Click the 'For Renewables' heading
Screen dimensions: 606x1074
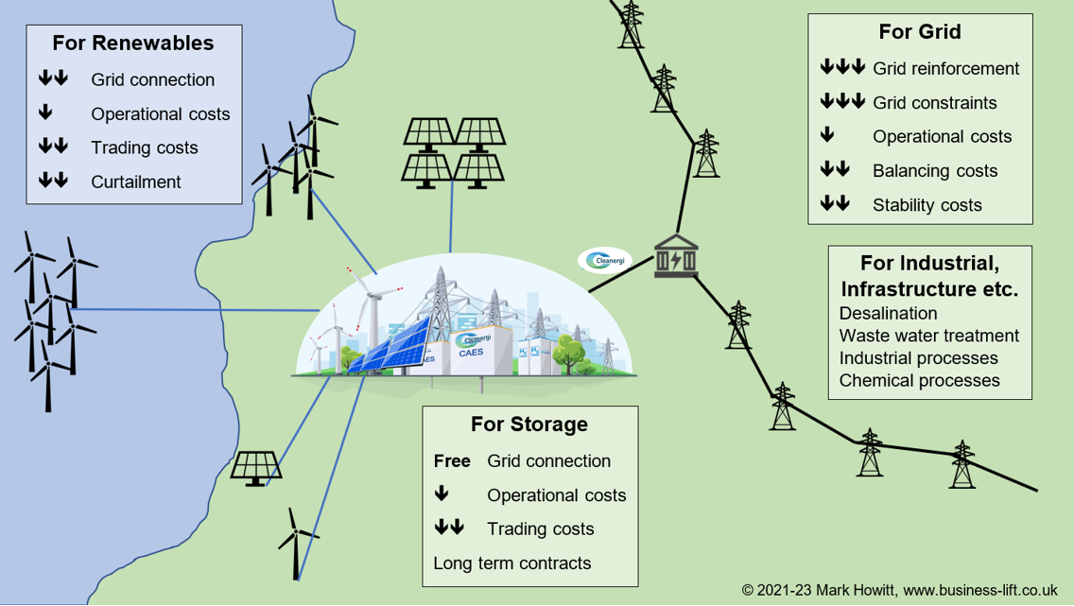point(133,43)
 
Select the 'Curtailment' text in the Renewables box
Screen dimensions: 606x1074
point(136,182)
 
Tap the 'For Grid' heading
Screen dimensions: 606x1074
point(920,32)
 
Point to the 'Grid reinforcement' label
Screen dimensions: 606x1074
point(945,68)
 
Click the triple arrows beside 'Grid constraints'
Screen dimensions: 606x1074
point(842,102)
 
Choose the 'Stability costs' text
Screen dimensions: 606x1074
point(927,205)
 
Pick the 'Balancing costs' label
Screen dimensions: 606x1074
point(935,171)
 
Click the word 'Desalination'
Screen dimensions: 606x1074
point(888,313)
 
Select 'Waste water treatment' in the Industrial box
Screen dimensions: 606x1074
point(928,336)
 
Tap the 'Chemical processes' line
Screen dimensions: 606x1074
point(919,381)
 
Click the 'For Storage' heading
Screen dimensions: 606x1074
point(529,424)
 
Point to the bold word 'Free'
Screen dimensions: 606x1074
point(452,461)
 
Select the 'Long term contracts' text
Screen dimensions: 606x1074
point(511,563)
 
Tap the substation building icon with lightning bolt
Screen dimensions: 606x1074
point(676,256)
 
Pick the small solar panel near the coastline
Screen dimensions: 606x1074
point(255,467)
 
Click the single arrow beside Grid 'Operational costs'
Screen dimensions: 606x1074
point(828,136)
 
